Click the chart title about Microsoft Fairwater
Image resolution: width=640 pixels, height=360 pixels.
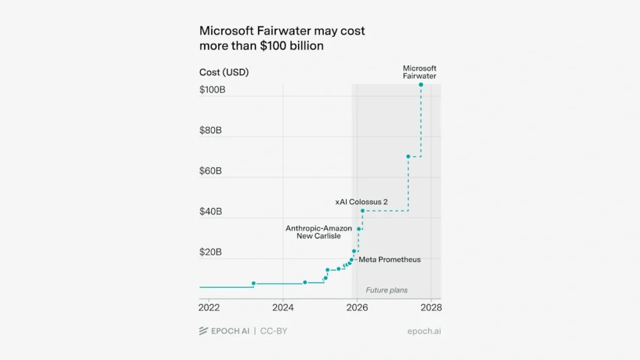point(282,38)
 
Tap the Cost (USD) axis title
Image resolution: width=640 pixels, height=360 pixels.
point(224,72)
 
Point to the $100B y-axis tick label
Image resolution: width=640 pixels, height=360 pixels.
point(212,90)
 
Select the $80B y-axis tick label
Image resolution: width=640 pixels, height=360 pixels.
point(211,131)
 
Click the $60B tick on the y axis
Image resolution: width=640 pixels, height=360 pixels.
point(211,171)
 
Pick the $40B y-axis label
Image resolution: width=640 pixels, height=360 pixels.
point(211,212)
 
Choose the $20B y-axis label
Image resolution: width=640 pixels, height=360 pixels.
point(211,252)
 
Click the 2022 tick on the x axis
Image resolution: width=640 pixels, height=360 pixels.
point(209,308)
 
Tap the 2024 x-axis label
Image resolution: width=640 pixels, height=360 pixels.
point(283,308)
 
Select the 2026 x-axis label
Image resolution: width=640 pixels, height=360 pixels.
point(357,308)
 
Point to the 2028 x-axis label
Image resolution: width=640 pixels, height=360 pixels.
point(431,308)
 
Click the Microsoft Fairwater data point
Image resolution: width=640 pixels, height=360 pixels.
point(421,84)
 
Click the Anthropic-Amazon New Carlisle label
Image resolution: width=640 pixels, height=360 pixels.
point(319,232)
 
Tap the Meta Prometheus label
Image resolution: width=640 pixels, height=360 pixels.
point(389,259)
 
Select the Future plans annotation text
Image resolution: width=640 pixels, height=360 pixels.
point(386,290)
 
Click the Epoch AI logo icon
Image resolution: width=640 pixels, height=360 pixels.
point(203,331)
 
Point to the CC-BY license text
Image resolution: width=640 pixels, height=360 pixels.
point(274,331)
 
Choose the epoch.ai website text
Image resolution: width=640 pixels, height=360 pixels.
point(424,331)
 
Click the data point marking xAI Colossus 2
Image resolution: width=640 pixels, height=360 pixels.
point(362,211)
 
